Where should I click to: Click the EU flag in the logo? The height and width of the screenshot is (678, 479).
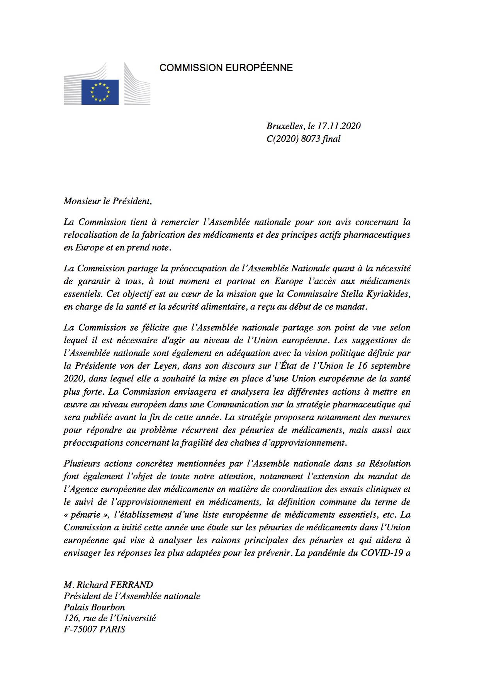(x=100, y=92)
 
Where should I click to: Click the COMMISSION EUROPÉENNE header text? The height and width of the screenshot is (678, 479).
(x=226, y=68)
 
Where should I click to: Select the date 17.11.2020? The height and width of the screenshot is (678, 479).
(x=339, y=126)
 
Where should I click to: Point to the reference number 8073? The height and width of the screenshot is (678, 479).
(x=310, y=139)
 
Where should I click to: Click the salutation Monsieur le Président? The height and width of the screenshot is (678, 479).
(x=108, y=201)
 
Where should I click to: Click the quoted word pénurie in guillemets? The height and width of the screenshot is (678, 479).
(x=84, y=515)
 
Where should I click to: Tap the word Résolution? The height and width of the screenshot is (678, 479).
(x=390, y=463)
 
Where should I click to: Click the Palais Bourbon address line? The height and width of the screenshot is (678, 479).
(x=94, y=607)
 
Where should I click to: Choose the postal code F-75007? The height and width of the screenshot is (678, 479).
(x=81, y=630)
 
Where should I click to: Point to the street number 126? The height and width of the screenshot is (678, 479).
(x=71, y=618)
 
